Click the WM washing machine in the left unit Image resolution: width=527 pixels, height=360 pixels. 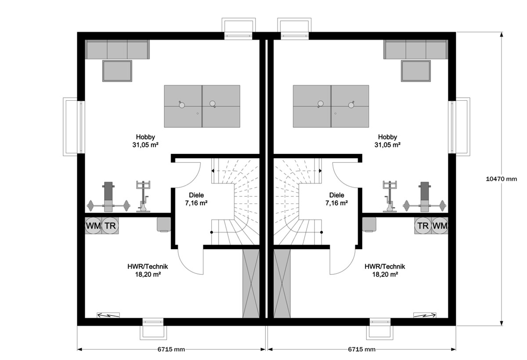93,226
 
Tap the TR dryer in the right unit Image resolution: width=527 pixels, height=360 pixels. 422,226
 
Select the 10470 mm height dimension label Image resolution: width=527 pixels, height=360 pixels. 502,179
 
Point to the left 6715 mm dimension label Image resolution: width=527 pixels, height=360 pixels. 171,349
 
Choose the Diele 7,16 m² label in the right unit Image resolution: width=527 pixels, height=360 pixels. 336,199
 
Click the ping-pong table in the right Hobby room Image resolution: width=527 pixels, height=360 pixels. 331,106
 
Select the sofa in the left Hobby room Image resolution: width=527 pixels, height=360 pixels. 117,49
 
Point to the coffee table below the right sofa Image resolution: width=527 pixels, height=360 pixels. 415,71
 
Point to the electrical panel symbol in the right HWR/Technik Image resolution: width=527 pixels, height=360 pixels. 425,315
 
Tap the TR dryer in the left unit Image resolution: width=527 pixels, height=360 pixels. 111,226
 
